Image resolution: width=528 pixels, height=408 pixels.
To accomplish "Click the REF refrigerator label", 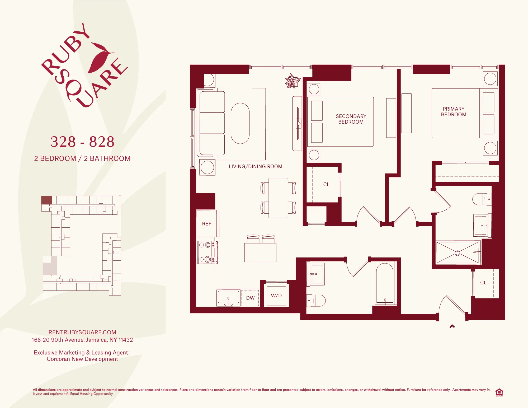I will coord(206,224).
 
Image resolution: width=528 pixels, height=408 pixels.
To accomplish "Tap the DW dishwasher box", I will coord(250,298).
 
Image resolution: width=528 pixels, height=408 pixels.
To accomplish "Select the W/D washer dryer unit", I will coord(276,296).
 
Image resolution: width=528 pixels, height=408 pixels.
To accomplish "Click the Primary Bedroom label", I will coord(454,112).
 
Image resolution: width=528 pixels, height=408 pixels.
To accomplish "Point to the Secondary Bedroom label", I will coord(351,119).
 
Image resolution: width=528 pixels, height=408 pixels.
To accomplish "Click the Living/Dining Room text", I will coord(255,166).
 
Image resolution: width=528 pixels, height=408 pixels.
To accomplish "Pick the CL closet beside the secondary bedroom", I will coord(326,184).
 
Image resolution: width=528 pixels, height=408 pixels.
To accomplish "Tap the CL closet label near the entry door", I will coord(483,283).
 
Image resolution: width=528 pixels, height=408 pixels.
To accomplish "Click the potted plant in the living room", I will coord(292,81).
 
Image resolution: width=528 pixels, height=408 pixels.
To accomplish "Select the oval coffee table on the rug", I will coord(240,123).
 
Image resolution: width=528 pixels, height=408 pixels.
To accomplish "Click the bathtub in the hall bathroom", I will coord(385,284).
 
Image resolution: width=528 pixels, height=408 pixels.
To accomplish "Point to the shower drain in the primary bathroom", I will coord(458,253).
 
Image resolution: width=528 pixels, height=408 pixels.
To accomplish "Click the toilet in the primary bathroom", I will coord(481,199).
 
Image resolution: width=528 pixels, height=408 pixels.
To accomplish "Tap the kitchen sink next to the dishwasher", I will coord(228,298).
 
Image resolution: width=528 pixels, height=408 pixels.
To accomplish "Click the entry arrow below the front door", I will coord(452,326).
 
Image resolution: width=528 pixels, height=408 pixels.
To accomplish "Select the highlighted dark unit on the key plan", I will coord(47,200).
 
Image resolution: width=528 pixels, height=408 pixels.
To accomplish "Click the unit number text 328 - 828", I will coord(82,142).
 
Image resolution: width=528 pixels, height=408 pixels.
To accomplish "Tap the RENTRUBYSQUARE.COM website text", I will coord(82,332).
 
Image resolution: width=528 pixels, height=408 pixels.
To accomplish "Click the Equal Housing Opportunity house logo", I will coord(499,392).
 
